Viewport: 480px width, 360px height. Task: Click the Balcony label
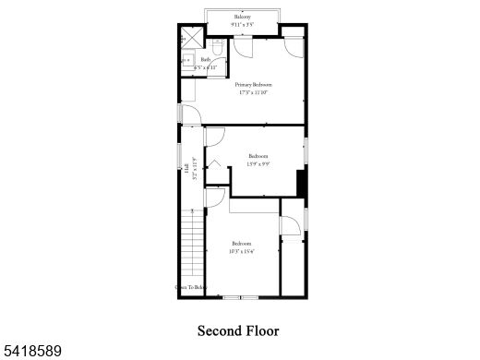pyautogui.click(x=242, y=17)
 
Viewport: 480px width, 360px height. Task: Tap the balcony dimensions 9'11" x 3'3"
pyautogui.click(x=242, y=24)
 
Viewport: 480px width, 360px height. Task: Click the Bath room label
pyautogui.click(x=205, y=60)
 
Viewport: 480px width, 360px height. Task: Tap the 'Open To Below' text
pyautogui.click(x=189, y=287)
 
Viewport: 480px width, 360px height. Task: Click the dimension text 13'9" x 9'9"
pyautogui.click(x=258, y=163)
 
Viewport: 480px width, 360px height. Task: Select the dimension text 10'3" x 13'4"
pyautogui.click(x=243, y=250)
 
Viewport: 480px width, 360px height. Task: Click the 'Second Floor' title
pyautogui.click(x=238, y=330)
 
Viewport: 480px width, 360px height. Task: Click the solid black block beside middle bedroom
pyautogui.click(x=300, y=183)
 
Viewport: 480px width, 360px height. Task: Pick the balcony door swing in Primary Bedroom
pyautogui.click(x=244, y=48)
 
